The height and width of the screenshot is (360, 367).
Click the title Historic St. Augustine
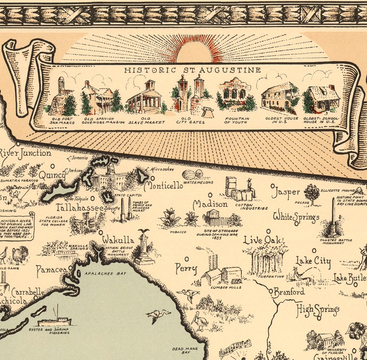pos(192,70)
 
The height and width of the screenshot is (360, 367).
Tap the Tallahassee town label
pos(80,208)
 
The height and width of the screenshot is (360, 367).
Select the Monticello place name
pos(163,186)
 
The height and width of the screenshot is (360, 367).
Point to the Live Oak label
pos(263,240)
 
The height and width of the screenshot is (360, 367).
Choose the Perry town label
pos(186,268)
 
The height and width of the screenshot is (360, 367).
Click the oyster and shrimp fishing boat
pos(55,319)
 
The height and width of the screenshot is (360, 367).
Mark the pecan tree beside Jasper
pos(312,193)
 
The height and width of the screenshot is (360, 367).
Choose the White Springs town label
pos(296,216)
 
